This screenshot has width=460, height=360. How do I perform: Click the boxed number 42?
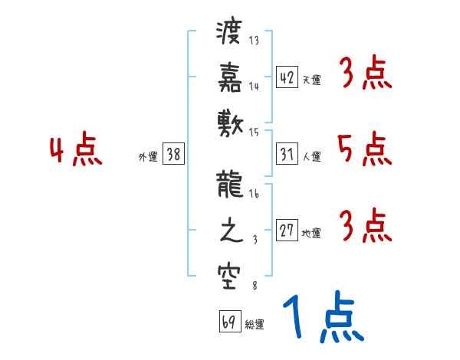click(x=287, y=77)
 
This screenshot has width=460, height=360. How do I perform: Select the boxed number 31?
click(x=287, y=154)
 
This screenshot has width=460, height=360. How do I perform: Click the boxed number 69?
click(x=228, y=322)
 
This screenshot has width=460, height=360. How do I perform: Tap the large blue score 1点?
click(x=322, y=318)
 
